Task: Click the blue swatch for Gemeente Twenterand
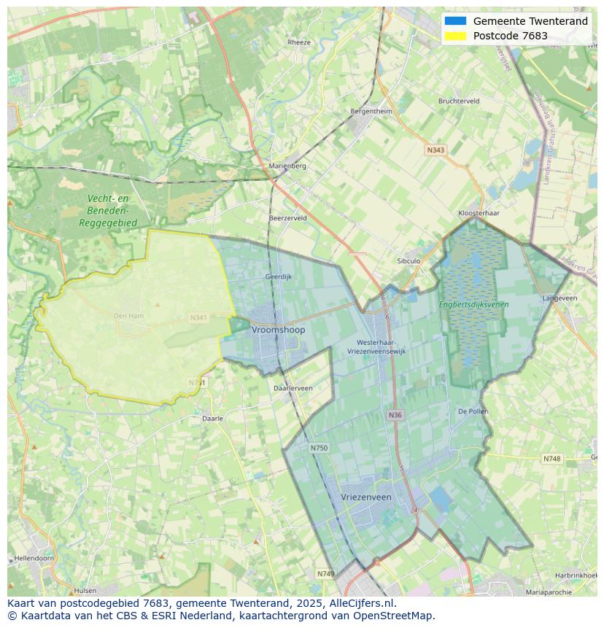(454, 21)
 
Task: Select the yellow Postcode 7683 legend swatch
(454, 36)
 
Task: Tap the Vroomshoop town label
(279, 330)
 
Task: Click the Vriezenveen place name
(366, 497)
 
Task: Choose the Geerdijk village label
(278, 277)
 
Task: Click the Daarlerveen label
(293, 388)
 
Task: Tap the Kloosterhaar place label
(478, 213)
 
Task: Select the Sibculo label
(409, 260)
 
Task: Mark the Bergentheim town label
(371, 112)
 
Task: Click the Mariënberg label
(287, 166)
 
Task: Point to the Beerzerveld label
(287, 218)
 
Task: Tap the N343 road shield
(435, 150)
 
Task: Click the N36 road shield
(395, 415)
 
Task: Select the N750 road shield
(319, 448)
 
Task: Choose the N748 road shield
(551, 459)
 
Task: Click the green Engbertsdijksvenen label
(474, 304)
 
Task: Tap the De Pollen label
(473, 411)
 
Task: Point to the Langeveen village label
(560, 298)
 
